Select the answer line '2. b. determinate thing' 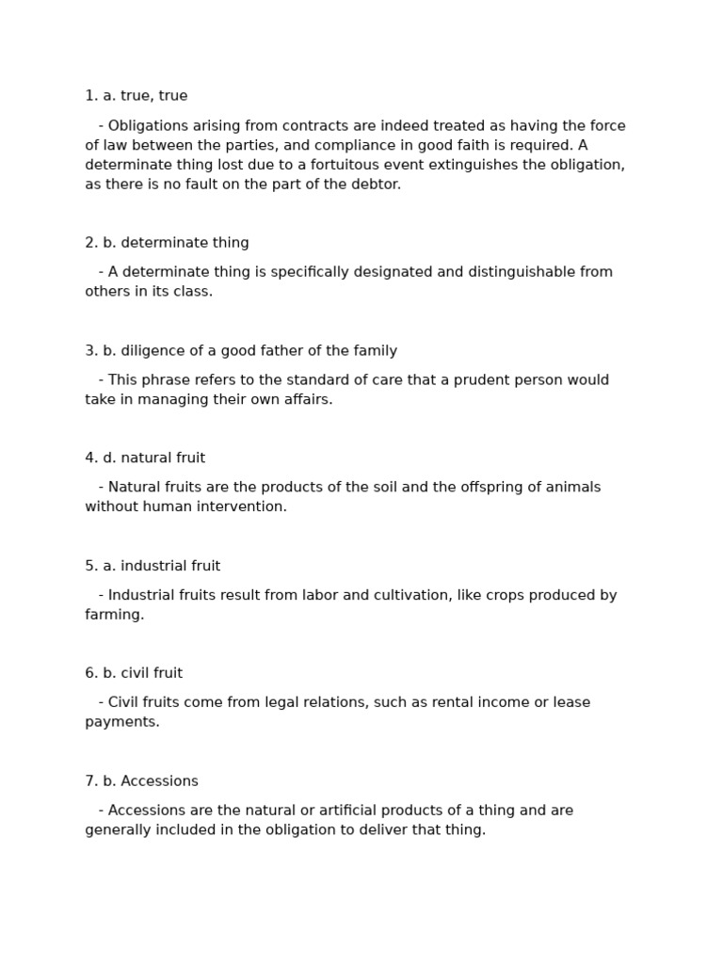167,243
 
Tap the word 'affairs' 305,400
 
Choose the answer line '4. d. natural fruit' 145,458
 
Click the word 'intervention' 243,507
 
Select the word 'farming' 114,615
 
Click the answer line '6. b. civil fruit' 134,673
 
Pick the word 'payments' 121,722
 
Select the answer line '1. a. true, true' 137,96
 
